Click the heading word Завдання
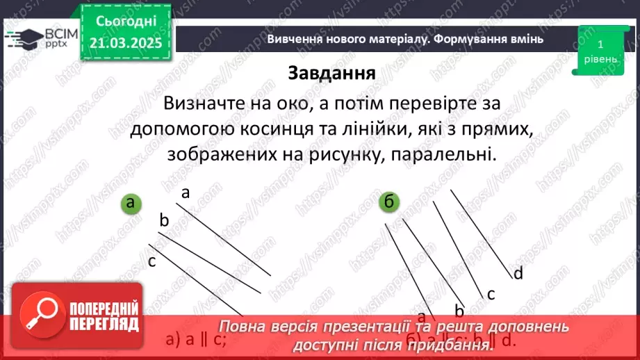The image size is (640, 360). point(331,73)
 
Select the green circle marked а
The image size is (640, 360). point(130,203)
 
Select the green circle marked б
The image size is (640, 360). point(388,202)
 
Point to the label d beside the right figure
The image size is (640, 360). point(518,273)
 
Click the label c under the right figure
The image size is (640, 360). point(491,294)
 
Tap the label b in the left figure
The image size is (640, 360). point(164,221)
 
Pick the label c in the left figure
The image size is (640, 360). point(151,261)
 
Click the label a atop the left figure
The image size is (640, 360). point(186,193)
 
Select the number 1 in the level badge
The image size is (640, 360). point(600,44)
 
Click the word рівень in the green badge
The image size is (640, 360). point(600,59)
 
